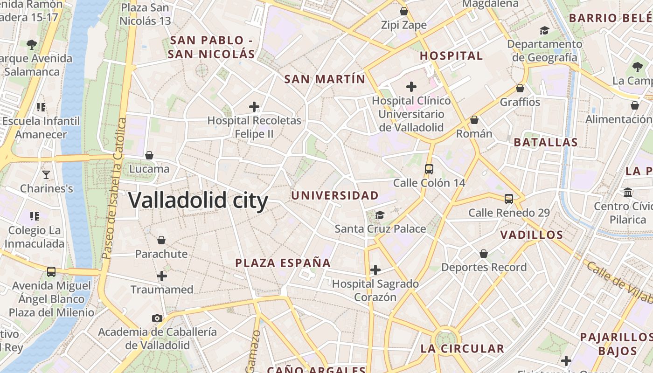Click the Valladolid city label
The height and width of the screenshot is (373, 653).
[x=198, y=200]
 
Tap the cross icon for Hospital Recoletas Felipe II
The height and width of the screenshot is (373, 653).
[x=254, y=107]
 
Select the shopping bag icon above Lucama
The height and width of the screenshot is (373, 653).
[x=149, y=155]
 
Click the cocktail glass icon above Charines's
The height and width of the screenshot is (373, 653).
[x=46, y=175]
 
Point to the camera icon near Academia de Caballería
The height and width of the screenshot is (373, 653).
[x=157, y=318]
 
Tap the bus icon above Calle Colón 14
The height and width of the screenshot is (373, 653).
[x=429, y=169]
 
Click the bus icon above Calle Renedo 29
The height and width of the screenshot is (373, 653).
[x=509, y=199]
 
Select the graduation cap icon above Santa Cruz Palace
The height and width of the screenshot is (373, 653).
[x=380, y=215]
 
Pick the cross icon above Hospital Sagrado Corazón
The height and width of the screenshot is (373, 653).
[x=375, y=270]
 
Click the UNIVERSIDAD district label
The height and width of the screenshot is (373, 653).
[x=335, y=195]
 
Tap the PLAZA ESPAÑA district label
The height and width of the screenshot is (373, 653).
[x=283, y=263]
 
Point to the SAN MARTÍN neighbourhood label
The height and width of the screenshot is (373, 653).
[x=325, y=79]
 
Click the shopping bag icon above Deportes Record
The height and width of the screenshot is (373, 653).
[x=484, y=254]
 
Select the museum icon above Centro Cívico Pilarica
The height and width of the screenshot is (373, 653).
[x=628, y=192]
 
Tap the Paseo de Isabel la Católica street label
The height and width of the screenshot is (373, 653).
[x=115, y=188]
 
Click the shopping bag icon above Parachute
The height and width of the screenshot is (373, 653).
[x=161, y=240]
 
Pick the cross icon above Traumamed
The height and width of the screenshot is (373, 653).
[x=162, y=276]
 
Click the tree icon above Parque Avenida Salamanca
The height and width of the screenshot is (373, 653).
[x=32, y=45]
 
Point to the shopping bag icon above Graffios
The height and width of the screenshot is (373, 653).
[x=520, y=88]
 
